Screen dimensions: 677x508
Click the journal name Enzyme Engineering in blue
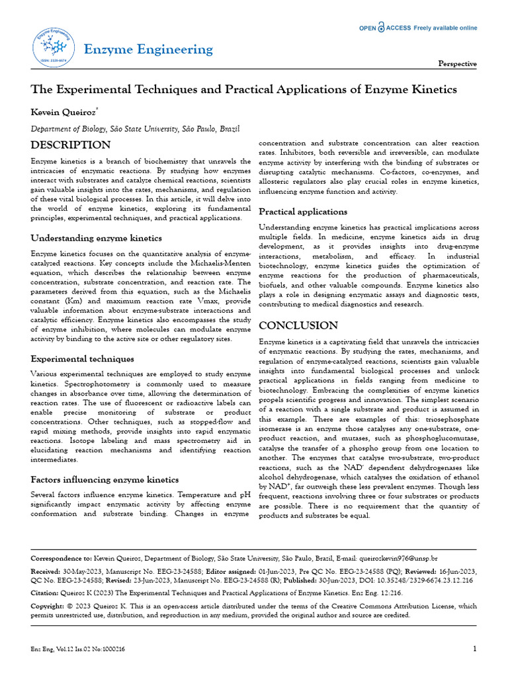(x=148, y=50)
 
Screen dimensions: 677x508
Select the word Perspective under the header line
(x=458, y=63)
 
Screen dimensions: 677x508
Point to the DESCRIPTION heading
(x=71, y=145)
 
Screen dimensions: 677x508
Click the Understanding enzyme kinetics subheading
(x=97, y=238)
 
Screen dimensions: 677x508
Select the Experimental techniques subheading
(x=83, y=359)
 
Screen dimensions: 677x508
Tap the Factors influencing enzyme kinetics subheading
(x=105, y=479)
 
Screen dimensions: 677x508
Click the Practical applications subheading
(x=303, y=212)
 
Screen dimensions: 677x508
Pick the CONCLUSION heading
(x=298, y=325)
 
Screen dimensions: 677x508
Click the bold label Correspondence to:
(x=62, y=559)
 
